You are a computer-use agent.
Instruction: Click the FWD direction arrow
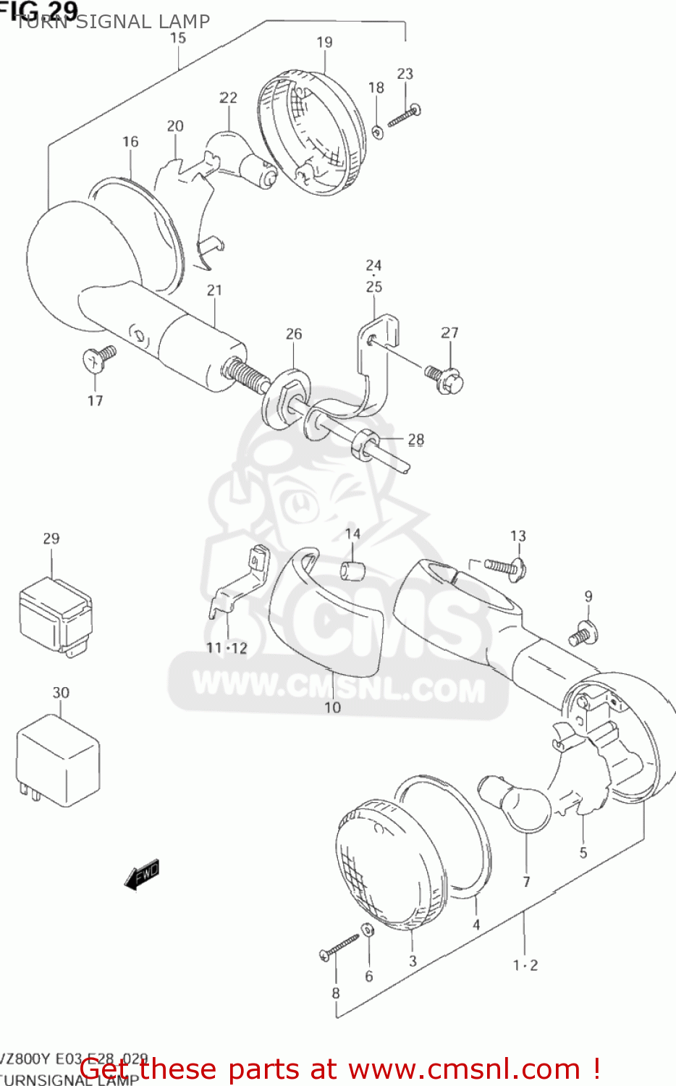point(142,875)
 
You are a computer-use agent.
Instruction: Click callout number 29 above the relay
point(51,539)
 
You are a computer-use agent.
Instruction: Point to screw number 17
point(99,358)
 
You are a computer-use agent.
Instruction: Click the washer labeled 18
point(377,132)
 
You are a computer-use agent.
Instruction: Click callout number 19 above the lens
point(324,43)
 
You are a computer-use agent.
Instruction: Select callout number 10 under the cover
point(332,707)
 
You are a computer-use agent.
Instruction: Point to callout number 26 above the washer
point(294,334)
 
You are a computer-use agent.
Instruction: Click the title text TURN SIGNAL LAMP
point(113,22)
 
